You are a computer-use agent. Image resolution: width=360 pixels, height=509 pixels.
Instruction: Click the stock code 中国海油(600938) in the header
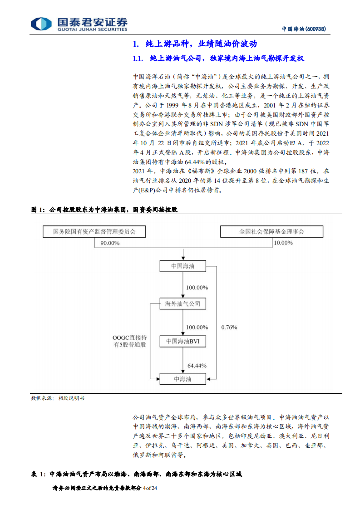tap(304, 29)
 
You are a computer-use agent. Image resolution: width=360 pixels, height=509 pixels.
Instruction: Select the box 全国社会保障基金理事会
tap(272, 232)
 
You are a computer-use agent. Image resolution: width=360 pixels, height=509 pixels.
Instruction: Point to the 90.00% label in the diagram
tap(110, 243)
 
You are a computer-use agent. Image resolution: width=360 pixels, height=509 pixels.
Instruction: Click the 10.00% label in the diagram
tap(283, 243)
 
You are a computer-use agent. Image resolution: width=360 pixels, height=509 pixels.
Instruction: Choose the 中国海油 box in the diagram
tap(182, 266)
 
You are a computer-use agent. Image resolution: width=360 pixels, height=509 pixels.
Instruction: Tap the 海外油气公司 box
tap(182, 303)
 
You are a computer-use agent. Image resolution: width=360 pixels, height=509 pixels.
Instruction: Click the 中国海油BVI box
tap(182, 341)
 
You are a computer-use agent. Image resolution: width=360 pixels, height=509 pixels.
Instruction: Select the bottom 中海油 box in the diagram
tap(182, 378)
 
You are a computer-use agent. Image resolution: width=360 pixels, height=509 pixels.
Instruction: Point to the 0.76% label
tap(229, 327)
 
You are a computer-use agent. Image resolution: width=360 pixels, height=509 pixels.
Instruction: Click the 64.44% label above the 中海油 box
tap(197, 365)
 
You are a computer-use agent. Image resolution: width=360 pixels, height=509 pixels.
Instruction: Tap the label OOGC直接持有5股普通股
tap(130, 341)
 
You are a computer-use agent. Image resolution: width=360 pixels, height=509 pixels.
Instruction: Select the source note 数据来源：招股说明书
tap(57, 398)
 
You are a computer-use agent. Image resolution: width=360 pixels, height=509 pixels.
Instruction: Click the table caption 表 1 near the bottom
tap(136, 474)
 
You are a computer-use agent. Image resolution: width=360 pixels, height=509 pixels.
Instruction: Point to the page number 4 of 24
tap(149, 488)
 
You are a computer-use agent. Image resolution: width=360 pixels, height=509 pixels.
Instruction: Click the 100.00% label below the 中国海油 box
tap(197, 288)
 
